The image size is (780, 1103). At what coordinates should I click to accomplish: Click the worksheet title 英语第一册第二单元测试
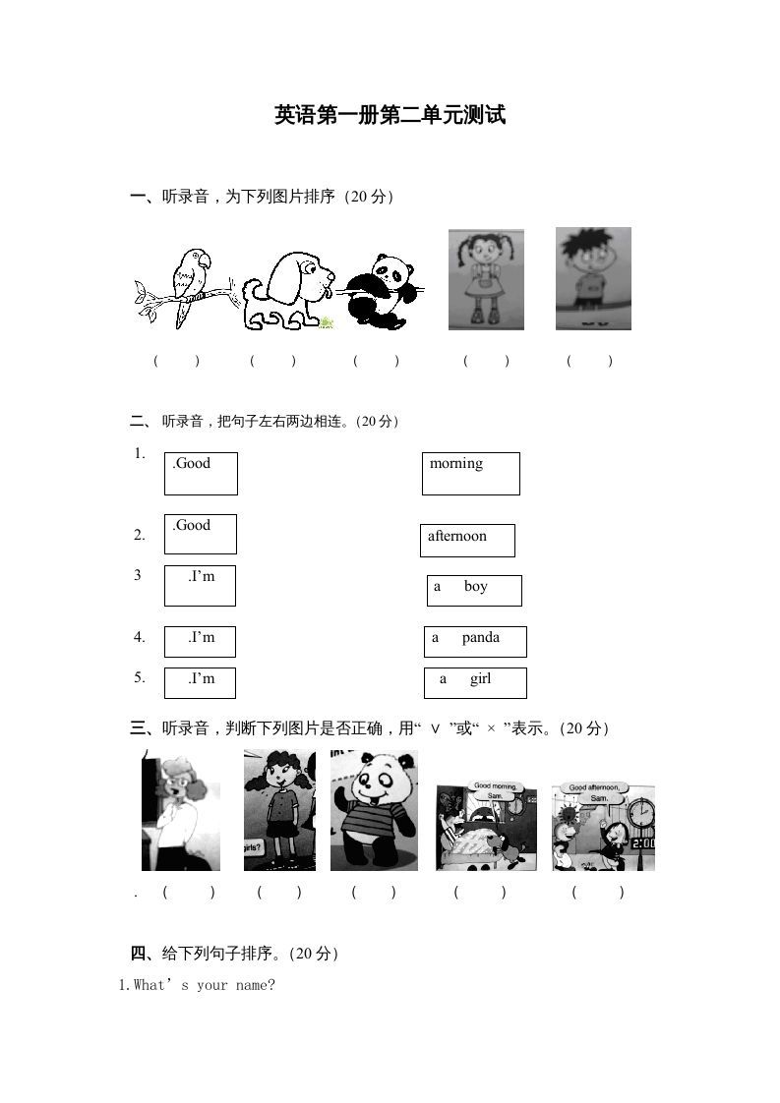pos(390,116)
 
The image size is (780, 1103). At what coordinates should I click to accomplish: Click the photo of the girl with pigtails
pos(486,279)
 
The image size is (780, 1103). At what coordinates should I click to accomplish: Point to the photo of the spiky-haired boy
pos(592,278)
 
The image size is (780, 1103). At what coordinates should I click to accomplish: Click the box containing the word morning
pos(471,473)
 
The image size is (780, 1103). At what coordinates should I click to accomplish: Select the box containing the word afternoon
pos(468,540)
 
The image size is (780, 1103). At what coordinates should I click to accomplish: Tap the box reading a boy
pos(474,590)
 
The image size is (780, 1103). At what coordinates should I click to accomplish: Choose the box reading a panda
pos(475,641)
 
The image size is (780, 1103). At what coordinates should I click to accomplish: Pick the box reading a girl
pos(475,682)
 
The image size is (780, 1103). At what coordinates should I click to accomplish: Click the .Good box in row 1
pos(201,473)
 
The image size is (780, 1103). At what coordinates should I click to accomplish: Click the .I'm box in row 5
pos(200,682)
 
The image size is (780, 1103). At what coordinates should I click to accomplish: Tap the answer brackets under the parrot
pos(176,361)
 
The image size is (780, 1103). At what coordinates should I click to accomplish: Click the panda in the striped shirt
pos(374,810)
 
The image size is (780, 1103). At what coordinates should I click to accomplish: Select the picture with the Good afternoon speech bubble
pos(603,826)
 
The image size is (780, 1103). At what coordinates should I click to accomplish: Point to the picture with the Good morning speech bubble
pos(486,826)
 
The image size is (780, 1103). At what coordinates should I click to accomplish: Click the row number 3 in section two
pos(138,576)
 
